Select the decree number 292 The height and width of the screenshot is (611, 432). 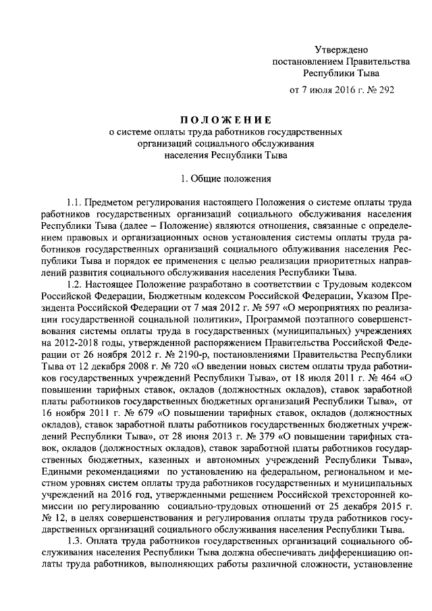tap(383, 89)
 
